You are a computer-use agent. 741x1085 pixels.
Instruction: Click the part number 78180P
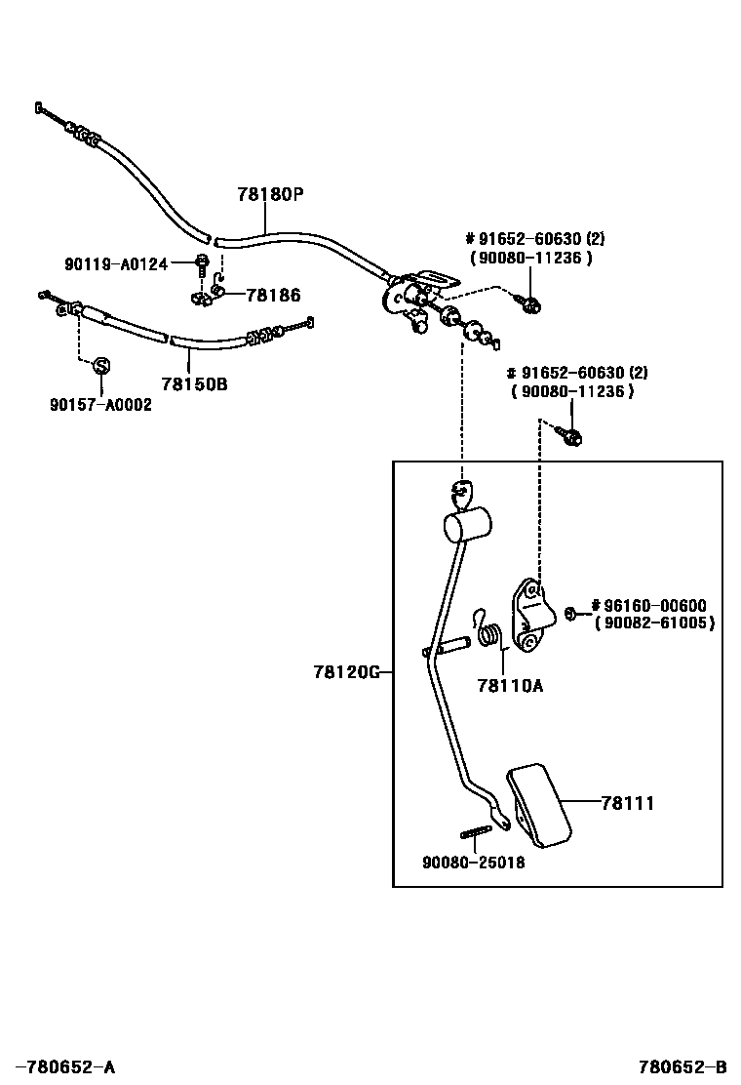[x=270, y=194]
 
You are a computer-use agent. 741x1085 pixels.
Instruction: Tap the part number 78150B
[x=194, y=384]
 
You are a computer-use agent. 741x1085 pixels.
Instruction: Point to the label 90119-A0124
[x=116, y=262]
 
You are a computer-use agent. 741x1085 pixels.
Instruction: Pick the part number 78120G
[x=345, y=672]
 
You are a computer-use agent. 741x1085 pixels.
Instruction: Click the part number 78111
[x=627, y=803]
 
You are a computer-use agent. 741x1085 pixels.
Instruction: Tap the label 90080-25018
[x=473, y=863]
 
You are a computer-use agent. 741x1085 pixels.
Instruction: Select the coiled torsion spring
[x=492, y=636]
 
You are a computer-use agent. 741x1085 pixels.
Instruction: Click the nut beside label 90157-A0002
[x=100, y=366]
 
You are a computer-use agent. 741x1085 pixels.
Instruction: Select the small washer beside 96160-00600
[x=571, y=613]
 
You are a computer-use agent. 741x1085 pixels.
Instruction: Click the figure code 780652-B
[x=682, y=1067]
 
